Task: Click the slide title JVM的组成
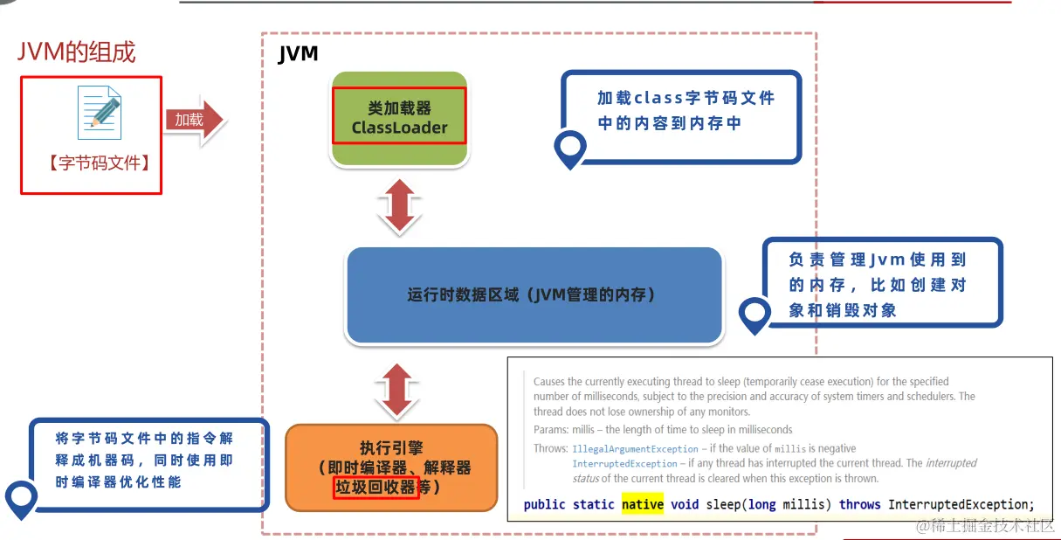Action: (x=77, y=52)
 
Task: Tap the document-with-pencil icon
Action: (x=99, y=113)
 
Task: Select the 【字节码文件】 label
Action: (x=93, y=163)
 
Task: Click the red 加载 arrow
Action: (x=194, y=120)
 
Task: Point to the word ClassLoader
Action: (x=399, y=128)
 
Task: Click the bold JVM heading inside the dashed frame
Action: (x=298, y=54)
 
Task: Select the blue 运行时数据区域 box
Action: (x=534, y=295)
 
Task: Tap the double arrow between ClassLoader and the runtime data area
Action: (x=399, y=206)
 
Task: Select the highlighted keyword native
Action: (x=643, y=504)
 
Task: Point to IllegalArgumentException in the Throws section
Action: (x=635, y=448)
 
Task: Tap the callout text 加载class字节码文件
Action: (x=686, y=98)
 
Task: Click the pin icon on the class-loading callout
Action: (x=570, y=149)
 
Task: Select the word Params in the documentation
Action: (x=550, y=429)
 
